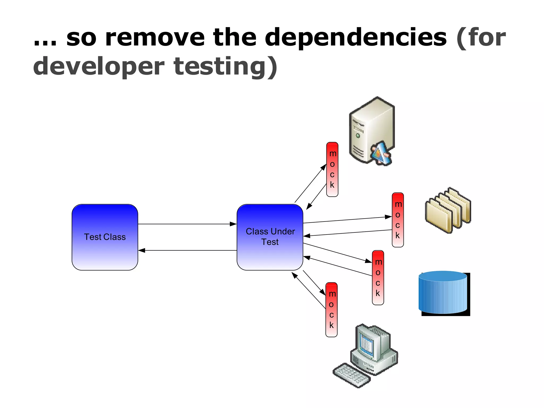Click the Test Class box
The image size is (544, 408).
105,237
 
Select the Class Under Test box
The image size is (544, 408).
270,237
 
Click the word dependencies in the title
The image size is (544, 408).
356,38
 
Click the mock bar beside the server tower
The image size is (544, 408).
332,169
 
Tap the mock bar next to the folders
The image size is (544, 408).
398,220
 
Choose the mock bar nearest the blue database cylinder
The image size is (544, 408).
378,278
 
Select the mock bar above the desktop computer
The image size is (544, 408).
331,310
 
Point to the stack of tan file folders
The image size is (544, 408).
448,210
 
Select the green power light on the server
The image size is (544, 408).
358,136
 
